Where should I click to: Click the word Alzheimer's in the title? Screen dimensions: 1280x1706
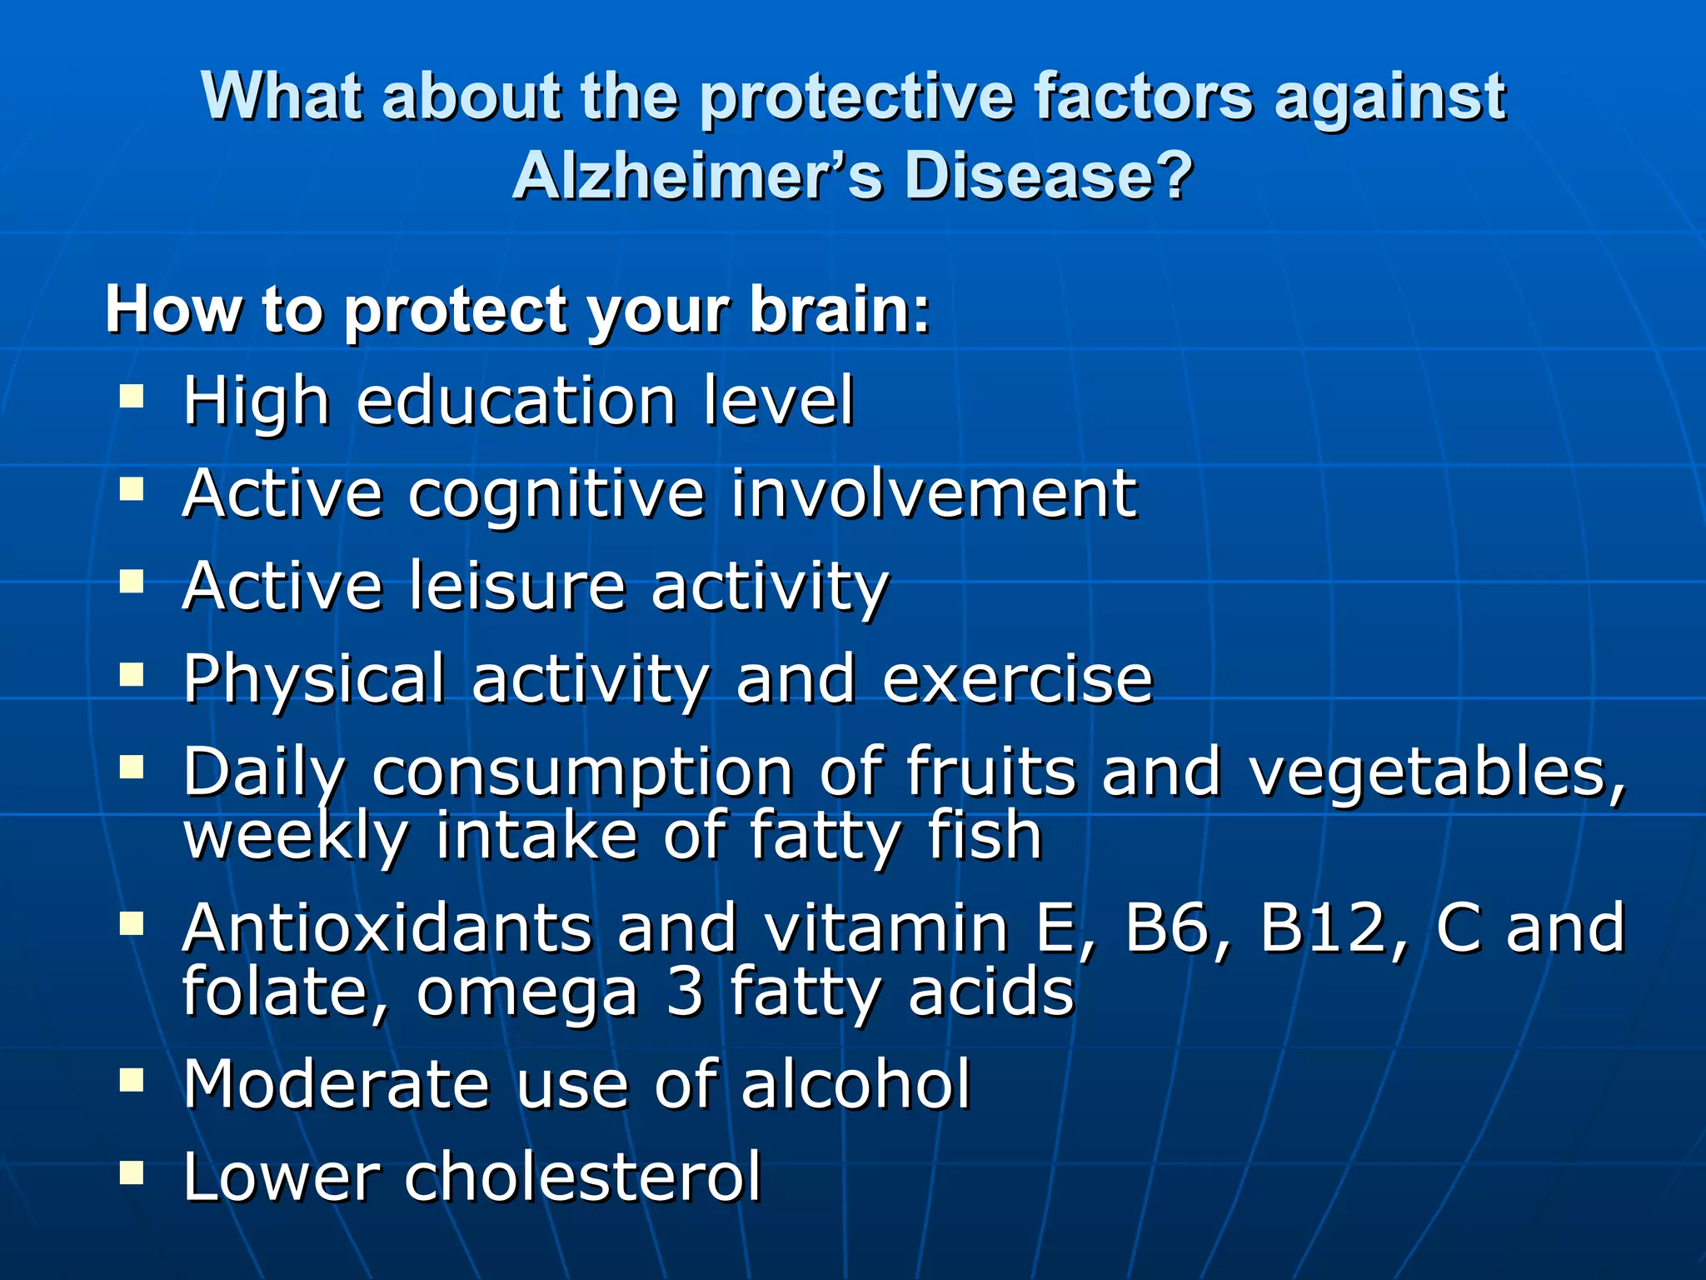(x=696, y=177)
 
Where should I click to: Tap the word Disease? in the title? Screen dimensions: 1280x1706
(x=1049, y=177)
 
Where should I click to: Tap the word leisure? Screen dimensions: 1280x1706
(x=516, y=586)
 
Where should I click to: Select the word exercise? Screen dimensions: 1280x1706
(x=1017, y=678)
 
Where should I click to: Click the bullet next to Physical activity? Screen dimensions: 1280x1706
(x=132, y=672)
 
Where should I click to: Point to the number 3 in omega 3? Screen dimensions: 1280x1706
(x=685, y=992)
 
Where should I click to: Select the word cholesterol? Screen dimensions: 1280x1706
(x=582, y=1177)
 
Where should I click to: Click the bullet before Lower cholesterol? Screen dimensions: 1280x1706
(x=132, y=1173)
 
